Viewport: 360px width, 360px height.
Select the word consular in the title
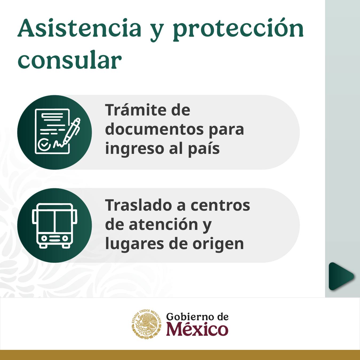(x=70, y=60)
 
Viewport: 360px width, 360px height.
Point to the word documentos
(x=154, y=129)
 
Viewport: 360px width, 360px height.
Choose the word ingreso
(x=134, y=149)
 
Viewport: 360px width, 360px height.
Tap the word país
(x=204, y=149)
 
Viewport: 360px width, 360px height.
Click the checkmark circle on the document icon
(x=44, y=145)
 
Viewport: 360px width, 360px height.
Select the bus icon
(x=55, y=226)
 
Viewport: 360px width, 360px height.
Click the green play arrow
(x=341, y=276)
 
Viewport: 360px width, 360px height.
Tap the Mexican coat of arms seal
(x=146, y=324)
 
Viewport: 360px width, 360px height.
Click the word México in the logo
(x=197, y=329)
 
